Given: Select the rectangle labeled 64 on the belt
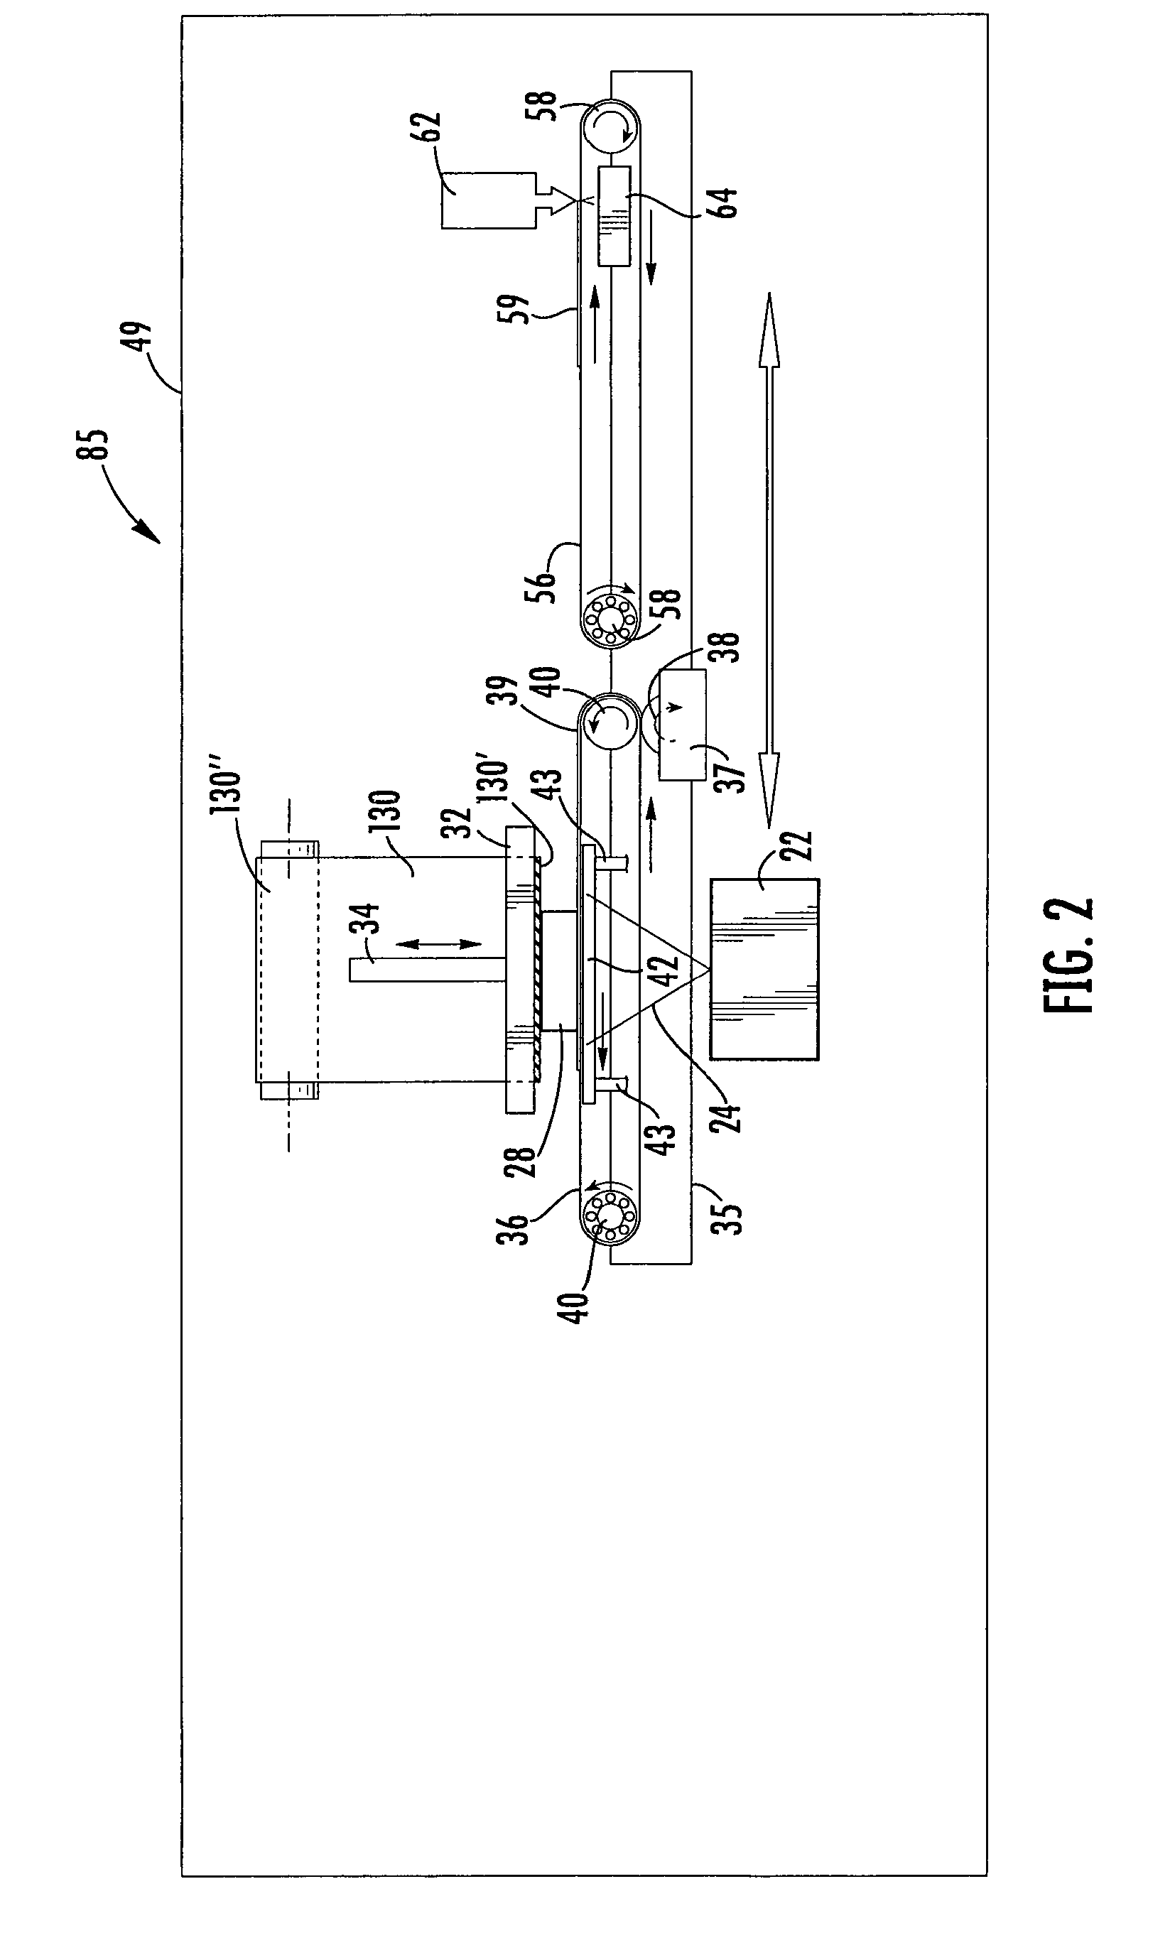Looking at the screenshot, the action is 614,215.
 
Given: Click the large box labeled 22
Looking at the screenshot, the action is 764,968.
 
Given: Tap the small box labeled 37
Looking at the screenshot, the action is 682,725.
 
